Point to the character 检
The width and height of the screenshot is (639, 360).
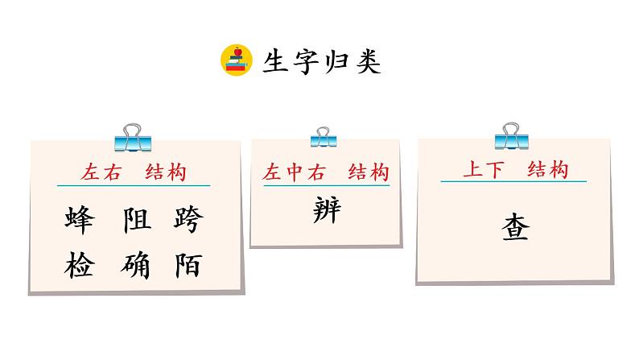coord(79,265)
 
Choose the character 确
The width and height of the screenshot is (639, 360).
coord(136,265)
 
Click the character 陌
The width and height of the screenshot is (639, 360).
coord(188,265)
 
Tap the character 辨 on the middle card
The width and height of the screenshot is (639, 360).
coord(326,212)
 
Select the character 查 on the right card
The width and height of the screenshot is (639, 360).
coord(513,228)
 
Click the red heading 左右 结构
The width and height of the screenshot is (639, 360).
coord(134,172)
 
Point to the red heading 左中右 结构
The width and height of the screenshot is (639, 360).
coord(326,173)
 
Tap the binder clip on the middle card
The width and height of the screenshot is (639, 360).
coord(324,137)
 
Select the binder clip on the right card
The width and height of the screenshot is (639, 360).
coord(511,137)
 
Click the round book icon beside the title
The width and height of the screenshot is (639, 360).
coord(237,60)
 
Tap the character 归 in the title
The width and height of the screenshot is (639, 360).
coord(338,61)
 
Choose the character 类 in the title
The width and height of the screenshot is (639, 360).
coord(369,61)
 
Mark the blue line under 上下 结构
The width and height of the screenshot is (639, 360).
coord(513,181)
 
